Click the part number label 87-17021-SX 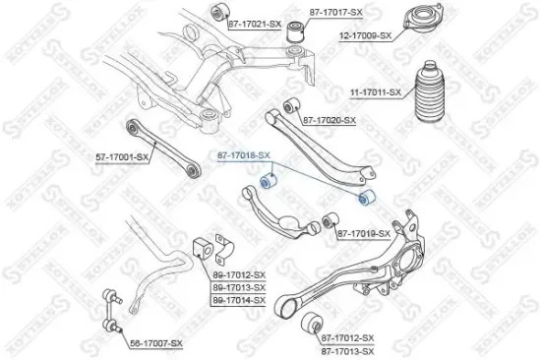(x=255, y=23)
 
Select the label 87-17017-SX (x=335, y=12)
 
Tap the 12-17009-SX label (x=365, y=35)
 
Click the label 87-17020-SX (x=329, y=120)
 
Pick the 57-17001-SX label (x=123, y=156)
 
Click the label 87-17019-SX (x=364, y=233)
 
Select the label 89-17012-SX (x=240, y=274)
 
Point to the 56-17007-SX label (x=157, y=342)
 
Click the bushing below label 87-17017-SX (x=292, y=33)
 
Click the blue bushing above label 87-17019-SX (x=365, y=200)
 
